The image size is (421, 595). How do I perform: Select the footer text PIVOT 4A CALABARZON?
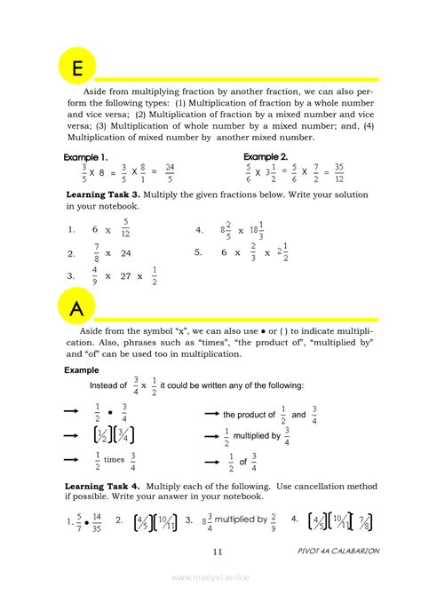(338, 551)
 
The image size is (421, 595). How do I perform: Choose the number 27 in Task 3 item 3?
(126, 276)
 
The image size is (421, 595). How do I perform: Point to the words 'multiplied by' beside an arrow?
(257, 437)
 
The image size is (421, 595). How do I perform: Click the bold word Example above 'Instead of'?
(82, 369)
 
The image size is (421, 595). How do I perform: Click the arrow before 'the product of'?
(212, 415)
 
